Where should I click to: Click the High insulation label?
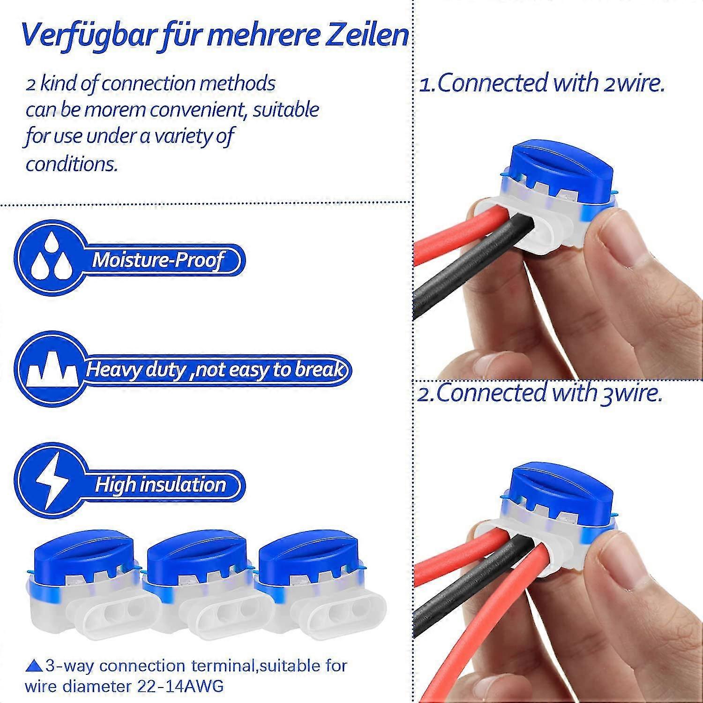pos(160,484)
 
